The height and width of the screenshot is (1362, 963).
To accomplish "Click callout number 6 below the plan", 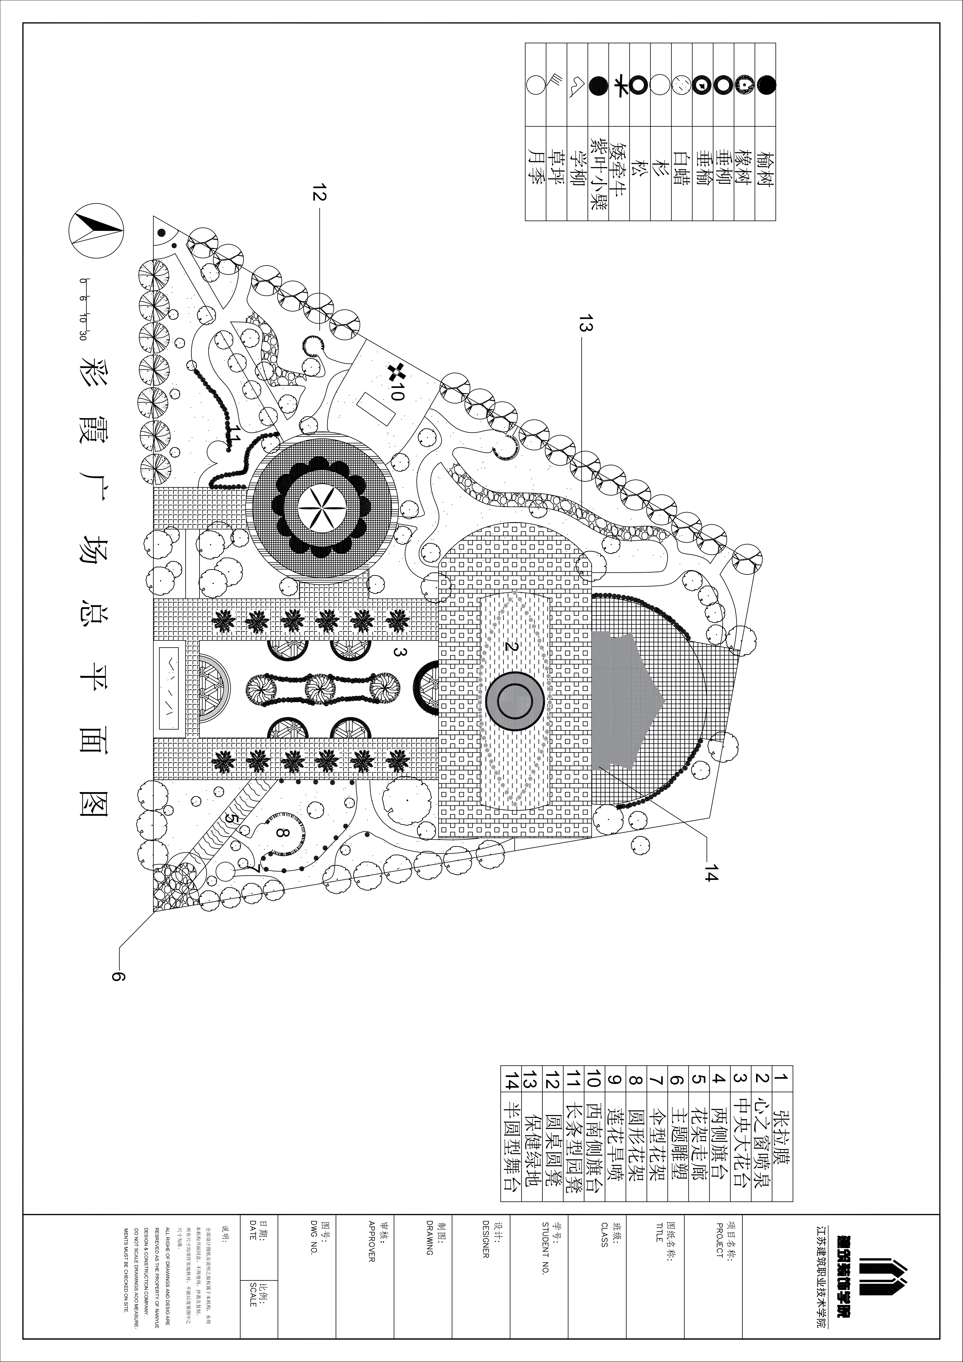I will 118,977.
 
